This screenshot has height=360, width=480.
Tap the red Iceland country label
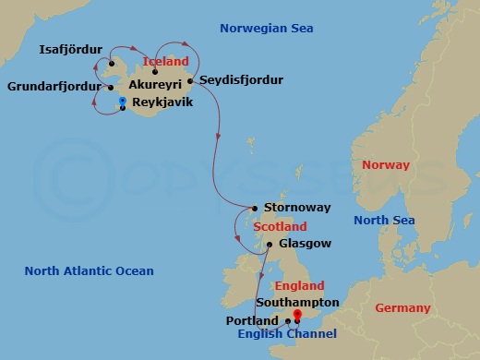166,61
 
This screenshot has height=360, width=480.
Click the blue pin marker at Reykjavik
123,101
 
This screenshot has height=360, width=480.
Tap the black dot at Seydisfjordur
190,80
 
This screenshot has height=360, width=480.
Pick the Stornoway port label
294,208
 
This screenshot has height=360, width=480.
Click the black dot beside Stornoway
255,208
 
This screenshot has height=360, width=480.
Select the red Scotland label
280,226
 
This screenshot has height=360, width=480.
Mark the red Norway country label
385,165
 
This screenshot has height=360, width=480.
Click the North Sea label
385,220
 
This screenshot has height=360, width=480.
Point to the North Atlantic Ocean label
89,271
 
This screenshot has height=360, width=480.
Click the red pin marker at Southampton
297,315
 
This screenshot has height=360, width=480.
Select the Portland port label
252,320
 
